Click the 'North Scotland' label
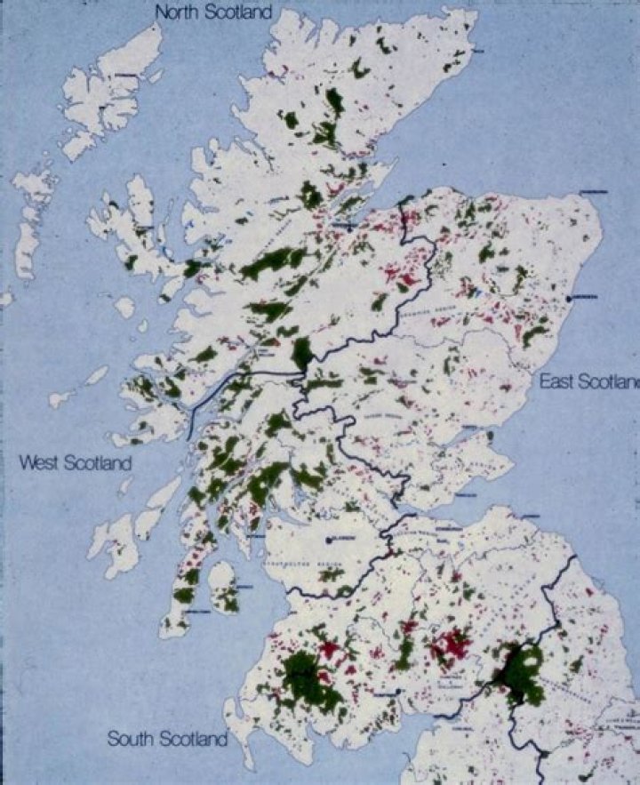pyautogui.click(x=213, y=12)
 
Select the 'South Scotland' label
pyautogui.click(x=167, y=739)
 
